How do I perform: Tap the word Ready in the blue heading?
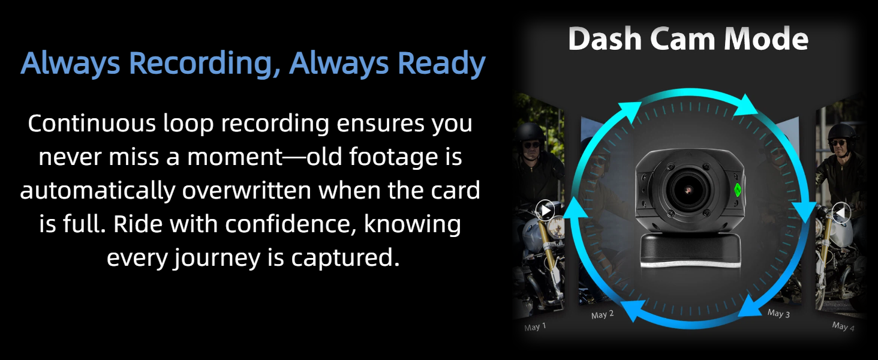441,63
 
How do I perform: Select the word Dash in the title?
605,38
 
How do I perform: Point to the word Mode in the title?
766,38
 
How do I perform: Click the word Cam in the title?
682,38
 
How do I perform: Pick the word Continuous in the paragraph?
92,123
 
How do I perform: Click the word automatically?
97,191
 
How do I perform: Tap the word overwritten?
246,191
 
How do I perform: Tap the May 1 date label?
535,326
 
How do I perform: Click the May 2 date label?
603,314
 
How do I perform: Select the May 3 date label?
778,313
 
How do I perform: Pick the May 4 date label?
843,326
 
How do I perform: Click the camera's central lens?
688,190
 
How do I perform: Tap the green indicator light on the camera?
737,190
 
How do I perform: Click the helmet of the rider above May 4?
842,133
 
